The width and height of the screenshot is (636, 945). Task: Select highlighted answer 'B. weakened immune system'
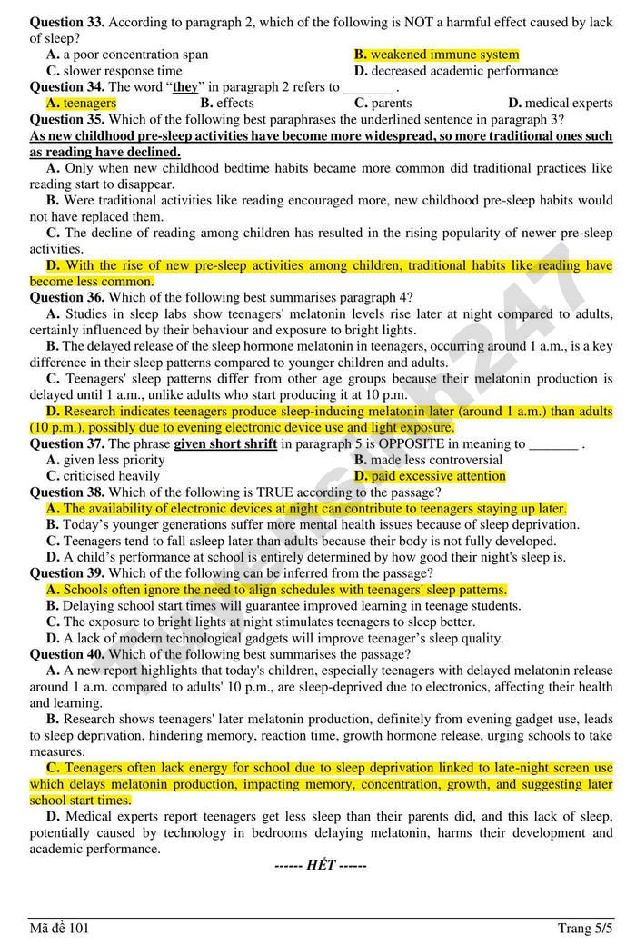click(436, 55)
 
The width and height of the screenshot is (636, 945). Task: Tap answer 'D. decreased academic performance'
click(455, 71)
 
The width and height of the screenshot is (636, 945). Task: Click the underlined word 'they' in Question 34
click(184, 87)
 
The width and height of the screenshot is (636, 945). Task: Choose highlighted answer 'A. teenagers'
click(81, 104)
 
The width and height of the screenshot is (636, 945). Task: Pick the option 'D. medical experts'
click(560, 104)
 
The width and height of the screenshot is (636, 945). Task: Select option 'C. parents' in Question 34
click(383, 104)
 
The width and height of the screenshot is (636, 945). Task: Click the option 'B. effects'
click(227, 104)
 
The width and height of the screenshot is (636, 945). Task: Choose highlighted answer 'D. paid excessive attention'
click(430, 476)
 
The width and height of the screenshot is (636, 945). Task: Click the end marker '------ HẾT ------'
click(321, 865)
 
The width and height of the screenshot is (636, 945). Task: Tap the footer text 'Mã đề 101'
click(59, 928)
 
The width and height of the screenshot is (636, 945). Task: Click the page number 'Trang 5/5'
click(585, 928)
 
